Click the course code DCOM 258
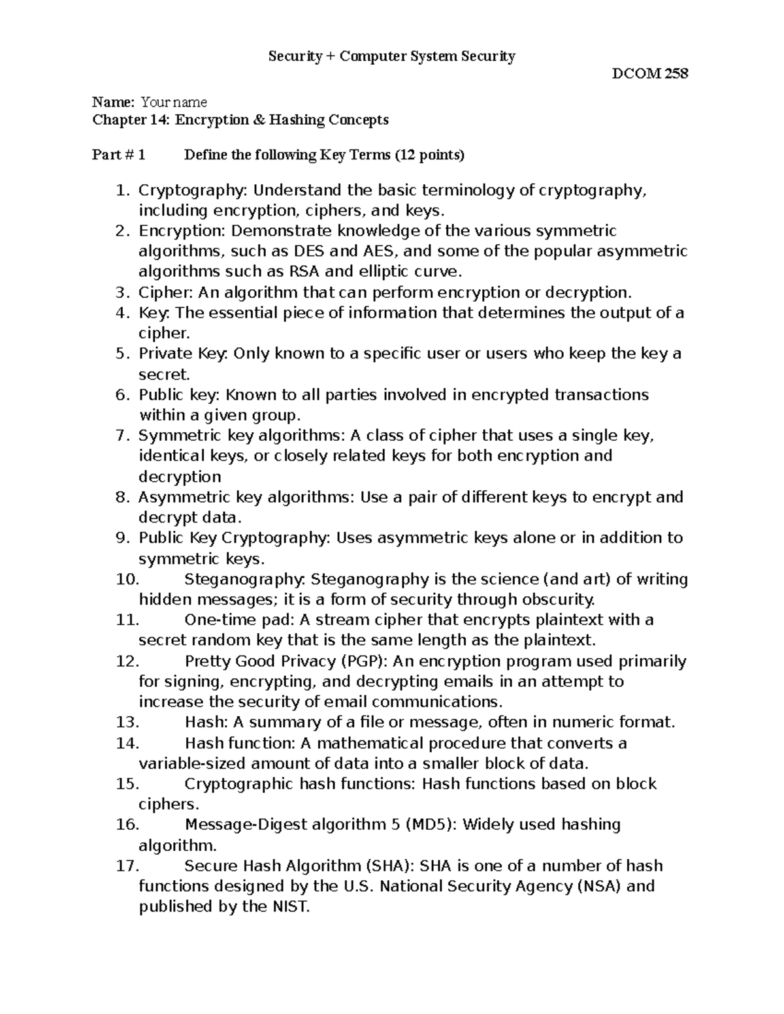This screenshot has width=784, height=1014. pos(649,74)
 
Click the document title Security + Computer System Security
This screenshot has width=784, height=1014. pos(392,56)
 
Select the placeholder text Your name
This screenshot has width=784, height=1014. pos(174,102)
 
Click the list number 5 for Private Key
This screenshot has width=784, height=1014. pos(122,354)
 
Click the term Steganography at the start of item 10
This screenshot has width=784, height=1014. pos(243,579)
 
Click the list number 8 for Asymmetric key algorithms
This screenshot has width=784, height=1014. pos(122,498)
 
